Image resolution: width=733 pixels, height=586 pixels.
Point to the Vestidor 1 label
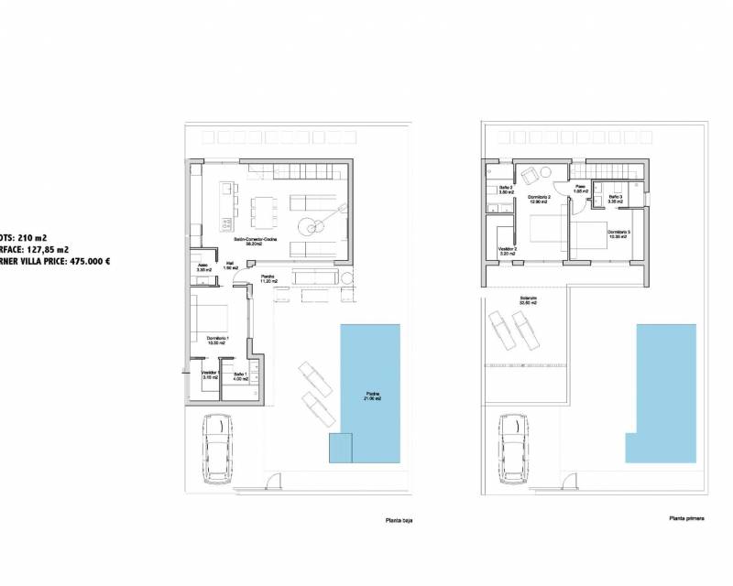[209, 374]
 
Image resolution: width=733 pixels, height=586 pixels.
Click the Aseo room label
[203, 267]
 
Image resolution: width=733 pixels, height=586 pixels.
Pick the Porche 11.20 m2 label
[268, 278]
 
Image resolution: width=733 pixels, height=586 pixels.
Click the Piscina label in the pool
[370, 396]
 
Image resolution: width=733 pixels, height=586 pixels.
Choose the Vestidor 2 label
[508, 250]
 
